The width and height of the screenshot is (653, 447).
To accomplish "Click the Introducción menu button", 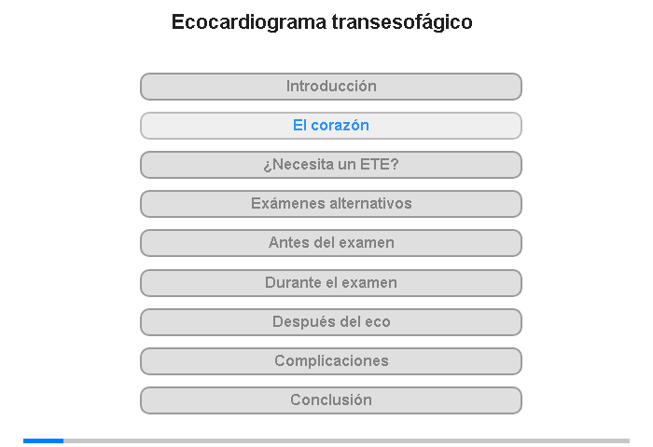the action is point(331,87).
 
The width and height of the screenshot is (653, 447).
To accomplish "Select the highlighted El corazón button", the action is point(331,126).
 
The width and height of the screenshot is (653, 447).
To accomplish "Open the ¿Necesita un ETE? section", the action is point(331,165).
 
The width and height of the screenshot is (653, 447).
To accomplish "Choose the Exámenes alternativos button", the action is point(331,204).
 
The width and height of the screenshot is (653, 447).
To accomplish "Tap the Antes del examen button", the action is point(331,243).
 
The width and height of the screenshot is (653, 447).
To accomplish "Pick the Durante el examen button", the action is point(331,283).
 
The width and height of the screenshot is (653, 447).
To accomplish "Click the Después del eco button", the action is point(331,322).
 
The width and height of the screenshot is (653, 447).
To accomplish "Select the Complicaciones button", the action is point(331,361).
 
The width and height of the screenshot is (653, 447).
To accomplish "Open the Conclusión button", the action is point(331,400).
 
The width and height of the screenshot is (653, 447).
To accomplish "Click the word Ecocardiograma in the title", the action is point(249,22).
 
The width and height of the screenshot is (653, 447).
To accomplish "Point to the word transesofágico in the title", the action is point(402,22).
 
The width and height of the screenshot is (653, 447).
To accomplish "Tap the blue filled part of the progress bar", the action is point(43,440).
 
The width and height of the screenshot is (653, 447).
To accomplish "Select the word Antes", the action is point(288,242).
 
